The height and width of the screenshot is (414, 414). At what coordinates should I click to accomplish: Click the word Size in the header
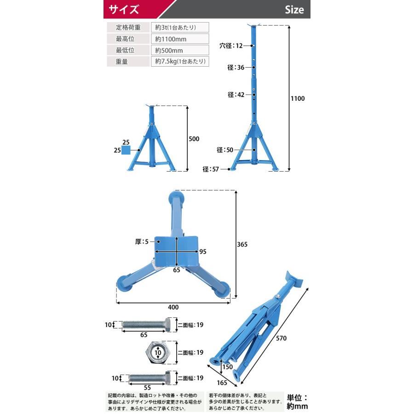coord(294,10)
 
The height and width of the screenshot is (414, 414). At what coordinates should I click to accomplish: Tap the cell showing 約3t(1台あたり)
coord(179,27)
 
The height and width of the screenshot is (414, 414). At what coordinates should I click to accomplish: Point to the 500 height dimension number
coord(194,138)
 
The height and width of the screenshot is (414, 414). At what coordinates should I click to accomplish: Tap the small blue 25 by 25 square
coord(132,149)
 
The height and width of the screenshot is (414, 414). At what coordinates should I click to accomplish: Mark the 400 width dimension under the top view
coord(173,307)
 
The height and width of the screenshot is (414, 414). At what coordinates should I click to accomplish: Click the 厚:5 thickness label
coord(143,241)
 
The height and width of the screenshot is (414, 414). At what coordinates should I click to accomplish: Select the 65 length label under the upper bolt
coord(144,335)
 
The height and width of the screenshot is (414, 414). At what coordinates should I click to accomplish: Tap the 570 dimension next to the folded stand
coord(282,338)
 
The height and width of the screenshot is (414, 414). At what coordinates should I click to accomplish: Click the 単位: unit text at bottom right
coord(297,397)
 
